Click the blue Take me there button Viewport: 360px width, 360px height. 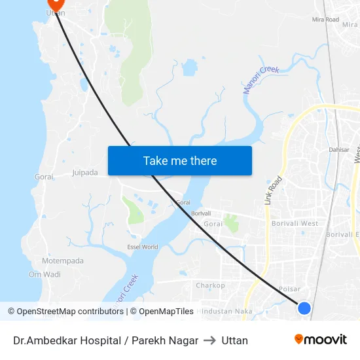(x=180, y=160)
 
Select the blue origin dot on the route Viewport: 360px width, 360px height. (x=304, y=308)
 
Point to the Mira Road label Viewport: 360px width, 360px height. (x=325, y=20)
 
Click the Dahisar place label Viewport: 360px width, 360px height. (x=339, y=150)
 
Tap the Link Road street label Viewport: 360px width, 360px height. (x=274, y=190)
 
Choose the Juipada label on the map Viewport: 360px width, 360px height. (x=84, y=173)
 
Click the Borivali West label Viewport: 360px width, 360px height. (x=295, y=223)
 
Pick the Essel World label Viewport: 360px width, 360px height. (x=142, y=247)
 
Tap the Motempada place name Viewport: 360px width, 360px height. (x=63, y=261)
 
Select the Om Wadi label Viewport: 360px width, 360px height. (x=45, y=274)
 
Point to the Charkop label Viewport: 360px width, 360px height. (x=210, y=285)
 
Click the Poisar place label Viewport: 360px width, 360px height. (x=289, y=289)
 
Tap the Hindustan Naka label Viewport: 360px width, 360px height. (x=226, y=312)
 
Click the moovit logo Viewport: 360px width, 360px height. (x=320, y=339)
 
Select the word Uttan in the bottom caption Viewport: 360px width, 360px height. (x=235, y=340)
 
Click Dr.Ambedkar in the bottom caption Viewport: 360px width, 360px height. (x=43, y=340)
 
